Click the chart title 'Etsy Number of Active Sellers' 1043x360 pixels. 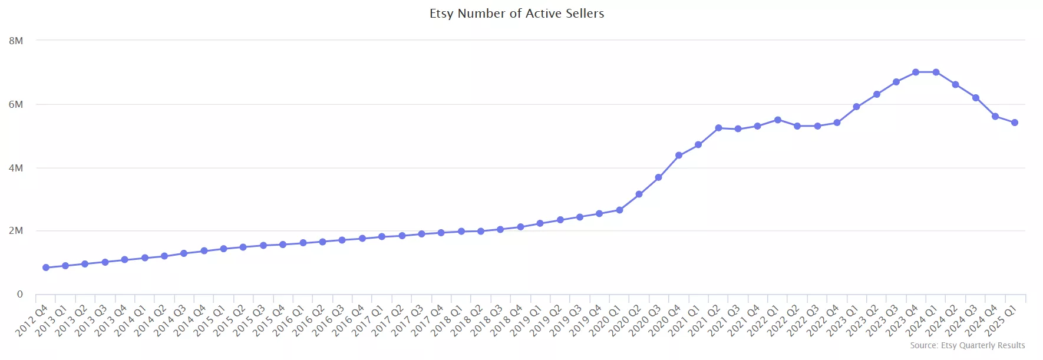point(517,14)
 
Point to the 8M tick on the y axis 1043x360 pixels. point(16,41)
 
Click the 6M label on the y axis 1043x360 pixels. point(16,104)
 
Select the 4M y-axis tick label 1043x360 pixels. point(16,168)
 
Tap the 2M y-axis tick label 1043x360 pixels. point(16,230)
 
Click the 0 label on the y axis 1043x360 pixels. point(20,294)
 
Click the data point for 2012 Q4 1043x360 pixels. point(46,267)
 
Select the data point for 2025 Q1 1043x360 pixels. point(1015,123)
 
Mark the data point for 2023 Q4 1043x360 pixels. point(916,72)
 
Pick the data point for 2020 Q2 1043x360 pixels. point(639,194)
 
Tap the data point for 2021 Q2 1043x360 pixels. point(718,128)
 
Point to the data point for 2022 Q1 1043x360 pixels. point(778,120)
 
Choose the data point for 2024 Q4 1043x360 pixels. point(995,116)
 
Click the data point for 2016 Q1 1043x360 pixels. point(303,243)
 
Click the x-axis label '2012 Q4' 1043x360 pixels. point(32,321)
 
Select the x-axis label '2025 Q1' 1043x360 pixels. point(1001,321)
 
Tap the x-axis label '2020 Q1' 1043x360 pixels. point(606,321)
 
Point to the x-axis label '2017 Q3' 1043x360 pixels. point(408,321)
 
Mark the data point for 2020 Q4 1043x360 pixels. point(679,155)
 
